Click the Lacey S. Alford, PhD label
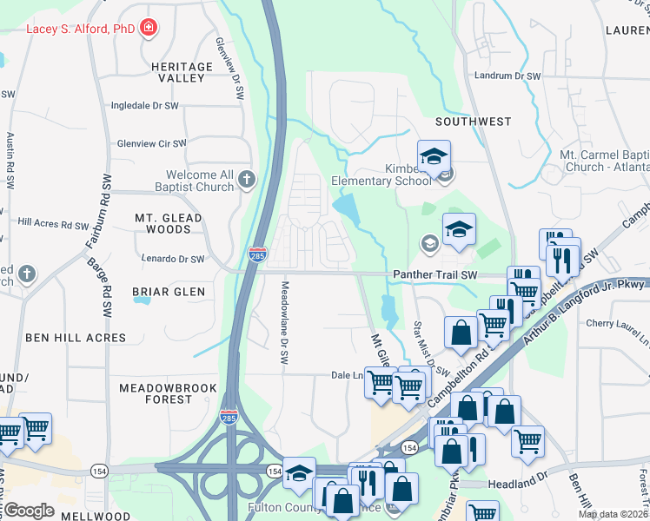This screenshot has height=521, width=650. coord(81,29)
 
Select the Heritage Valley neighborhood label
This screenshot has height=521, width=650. coord(181,72)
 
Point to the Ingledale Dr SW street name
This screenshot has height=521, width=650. coord(144,106)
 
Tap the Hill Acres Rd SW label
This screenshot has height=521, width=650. coord(51,223)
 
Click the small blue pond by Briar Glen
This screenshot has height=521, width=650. coord(141,301)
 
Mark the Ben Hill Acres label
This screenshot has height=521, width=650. coord(76,338)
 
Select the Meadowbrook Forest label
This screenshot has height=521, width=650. coord(156,392)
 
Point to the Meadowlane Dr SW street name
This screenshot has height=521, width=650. coord(283,321)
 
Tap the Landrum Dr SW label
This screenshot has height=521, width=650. coord(507,76)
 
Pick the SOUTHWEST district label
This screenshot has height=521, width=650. coord(474,122)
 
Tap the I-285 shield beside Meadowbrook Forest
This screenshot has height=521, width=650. coord(229,417)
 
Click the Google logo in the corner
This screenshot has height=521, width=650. coord(29,511)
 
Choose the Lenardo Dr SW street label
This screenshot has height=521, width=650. coord(174,259)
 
